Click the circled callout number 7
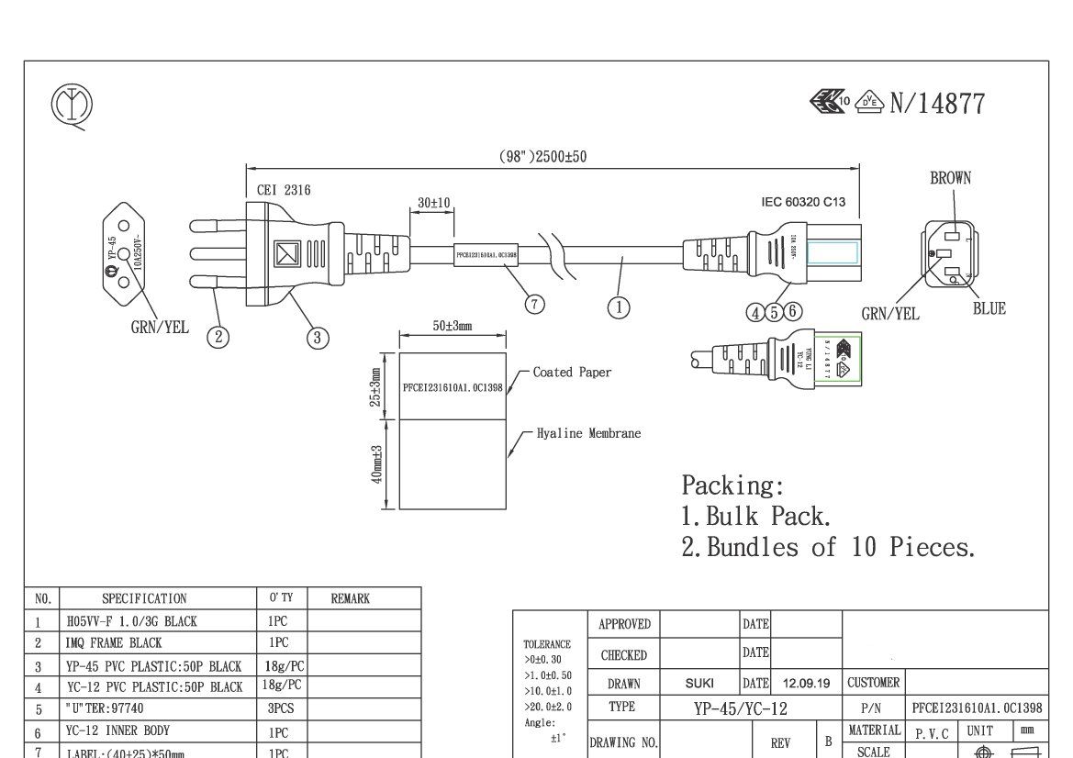tap(535, 305)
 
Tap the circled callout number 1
tap(619, 307)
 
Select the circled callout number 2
tap(218, 337)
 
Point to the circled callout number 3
tap(318, 338)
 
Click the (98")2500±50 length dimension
tap(542, 157)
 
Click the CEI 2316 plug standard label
tap(284, 191)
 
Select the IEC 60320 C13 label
tap(803, 202)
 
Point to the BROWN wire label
tap(950, 179)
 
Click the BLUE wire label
tap(989, 309)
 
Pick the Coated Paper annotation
tap(572, 373)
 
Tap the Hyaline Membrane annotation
tap(588, 433)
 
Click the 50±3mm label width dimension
tap(452, 327)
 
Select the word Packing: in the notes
tap(732, 485)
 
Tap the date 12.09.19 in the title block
tap(806, 684)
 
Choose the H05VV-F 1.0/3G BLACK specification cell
tap(131, 621)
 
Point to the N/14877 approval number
tap(937, 105)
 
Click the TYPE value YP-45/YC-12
tap(741, 708)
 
